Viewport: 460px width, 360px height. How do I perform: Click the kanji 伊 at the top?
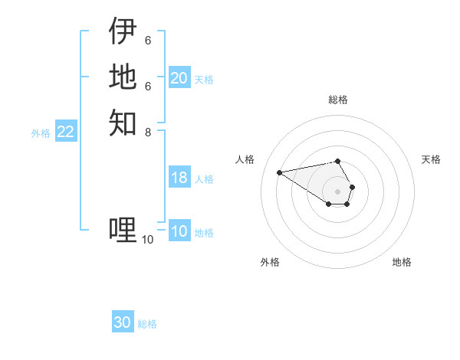(123, 31)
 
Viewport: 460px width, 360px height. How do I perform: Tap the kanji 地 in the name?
(123, 77)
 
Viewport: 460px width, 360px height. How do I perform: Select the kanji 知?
(123, 122)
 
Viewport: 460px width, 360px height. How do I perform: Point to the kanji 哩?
(123, 229)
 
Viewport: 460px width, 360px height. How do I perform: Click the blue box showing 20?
(179, 78)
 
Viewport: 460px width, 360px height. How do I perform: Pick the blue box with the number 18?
(179, 178)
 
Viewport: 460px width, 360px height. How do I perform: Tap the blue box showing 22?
(65, 133)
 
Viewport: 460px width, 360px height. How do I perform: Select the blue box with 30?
(123, 323)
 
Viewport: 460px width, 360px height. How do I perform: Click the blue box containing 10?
(179, 232)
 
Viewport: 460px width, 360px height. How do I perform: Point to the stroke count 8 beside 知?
(148, 132)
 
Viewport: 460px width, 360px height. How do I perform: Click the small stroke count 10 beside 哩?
(147, 240)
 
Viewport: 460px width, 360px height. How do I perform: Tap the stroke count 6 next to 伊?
(147, 41)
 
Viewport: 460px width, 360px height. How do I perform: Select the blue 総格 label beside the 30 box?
(147, 324)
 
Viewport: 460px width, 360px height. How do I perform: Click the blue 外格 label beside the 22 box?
(41, 133)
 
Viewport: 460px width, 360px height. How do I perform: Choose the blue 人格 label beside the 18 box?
(204, 179)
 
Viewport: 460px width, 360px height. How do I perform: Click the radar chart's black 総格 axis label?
(338, 100)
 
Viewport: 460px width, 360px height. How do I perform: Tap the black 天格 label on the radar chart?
(431, 159)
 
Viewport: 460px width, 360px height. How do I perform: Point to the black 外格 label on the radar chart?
(270, 262)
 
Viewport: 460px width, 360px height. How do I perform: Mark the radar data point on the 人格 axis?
(279, 172)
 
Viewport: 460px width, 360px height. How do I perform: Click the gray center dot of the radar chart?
(338, 191)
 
